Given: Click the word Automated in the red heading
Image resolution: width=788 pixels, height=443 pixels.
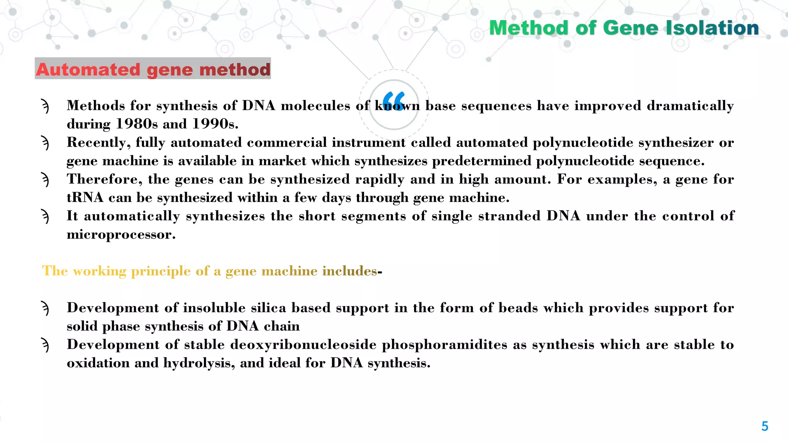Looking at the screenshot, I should point(88,70).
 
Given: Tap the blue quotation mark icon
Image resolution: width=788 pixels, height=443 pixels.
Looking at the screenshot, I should point(394,101).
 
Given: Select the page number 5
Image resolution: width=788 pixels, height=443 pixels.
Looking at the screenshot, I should point(765,426).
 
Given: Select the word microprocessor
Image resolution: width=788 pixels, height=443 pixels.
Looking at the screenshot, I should point(121,235).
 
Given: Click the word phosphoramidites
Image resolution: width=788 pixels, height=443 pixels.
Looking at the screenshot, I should point(444,345).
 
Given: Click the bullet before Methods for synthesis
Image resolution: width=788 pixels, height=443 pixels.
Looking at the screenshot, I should point(45,106).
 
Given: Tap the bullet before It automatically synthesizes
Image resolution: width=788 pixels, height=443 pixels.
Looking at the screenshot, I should point(45,217).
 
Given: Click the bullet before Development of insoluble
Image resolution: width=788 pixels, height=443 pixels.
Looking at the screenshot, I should point(45,308).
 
